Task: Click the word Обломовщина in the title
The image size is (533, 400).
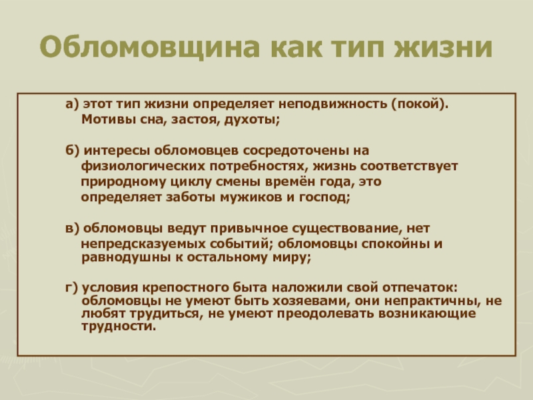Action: tap(150, 47)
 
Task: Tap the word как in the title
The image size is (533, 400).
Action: tap(296, 47)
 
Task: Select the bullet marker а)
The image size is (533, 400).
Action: tap(72, 104)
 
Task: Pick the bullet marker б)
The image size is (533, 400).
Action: tap(73, 151)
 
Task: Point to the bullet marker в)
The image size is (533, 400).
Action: tap(72, 228)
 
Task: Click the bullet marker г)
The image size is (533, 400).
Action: tap(72, 288)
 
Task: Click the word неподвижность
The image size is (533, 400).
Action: tap(332, 104)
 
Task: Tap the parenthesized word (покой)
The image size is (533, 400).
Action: tap(420, 104)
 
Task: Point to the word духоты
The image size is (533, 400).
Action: tap(252, 120)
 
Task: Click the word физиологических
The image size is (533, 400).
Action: tap(143, 166)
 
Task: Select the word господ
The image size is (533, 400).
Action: tap(324, 197)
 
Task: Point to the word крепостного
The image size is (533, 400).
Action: tap(185, 289)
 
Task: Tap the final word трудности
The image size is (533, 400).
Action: tap(119, 327)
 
